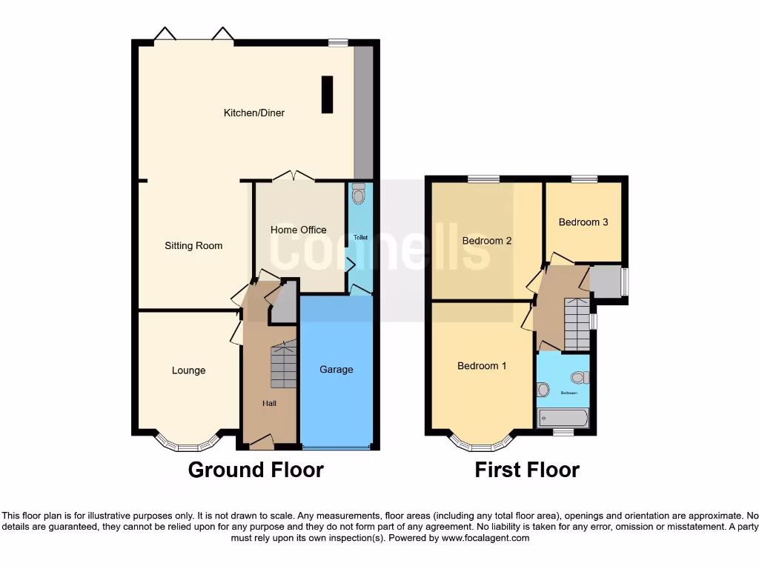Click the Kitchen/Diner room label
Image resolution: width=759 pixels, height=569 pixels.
[254, 113]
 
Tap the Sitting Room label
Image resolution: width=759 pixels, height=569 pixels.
[193, 245]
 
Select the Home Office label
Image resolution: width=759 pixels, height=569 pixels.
[298, 230]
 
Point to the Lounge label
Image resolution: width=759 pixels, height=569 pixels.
[188, 370]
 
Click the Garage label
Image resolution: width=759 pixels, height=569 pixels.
[337, 369]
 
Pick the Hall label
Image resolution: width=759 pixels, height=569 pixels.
[269, 403]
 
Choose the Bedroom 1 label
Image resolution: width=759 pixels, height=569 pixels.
[483, 366]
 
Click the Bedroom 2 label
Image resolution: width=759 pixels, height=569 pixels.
[487, 241]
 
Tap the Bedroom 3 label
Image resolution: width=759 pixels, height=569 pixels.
[583, 222]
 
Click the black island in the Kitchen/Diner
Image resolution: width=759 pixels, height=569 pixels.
[327, 94]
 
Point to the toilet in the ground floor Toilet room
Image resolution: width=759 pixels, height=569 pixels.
[359, 194]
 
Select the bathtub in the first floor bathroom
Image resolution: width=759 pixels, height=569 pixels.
[563, 419]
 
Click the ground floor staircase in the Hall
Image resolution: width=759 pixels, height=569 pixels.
[283, 367]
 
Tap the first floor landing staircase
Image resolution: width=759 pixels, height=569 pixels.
[577, 325]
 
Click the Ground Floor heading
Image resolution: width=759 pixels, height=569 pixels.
[256, 470]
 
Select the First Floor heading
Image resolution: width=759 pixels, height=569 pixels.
[527, 470]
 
